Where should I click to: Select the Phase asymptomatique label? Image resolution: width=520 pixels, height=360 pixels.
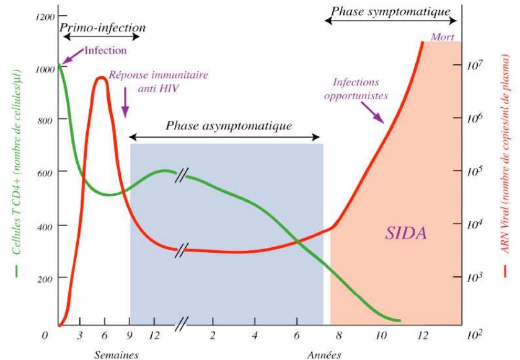(228, 126)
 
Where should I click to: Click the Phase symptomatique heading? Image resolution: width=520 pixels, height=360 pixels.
(391, 11)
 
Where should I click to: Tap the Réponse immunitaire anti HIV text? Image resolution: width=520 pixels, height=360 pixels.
(158, 81)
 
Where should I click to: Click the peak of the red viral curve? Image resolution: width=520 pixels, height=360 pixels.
(101, 78)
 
